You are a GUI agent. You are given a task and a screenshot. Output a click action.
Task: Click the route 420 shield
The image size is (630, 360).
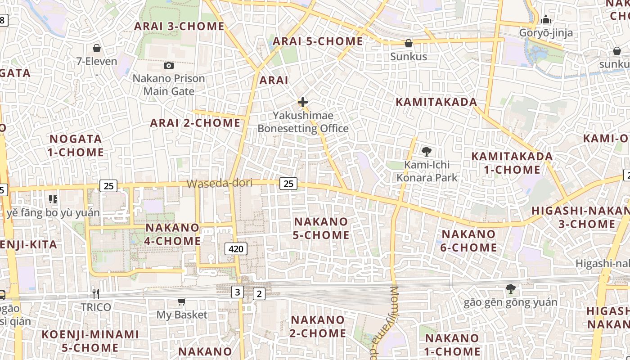[236, 248]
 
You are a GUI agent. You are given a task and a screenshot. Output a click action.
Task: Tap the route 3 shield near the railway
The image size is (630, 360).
[238, 292]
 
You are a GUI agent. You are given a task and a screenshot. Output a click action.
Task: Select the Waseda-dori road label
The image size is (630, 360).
[219, 183]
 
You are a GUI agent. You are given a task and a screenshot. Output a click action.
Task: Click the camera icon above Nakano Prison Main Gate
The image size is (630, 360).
[169, 66]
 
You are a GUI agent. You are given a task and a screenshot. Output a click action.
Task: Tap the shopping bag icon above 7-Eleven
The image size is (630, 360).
[96, 48]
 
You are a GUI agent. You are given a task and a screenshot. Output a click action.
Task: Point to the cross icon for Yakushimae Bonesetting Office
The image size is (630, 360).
[303, 103]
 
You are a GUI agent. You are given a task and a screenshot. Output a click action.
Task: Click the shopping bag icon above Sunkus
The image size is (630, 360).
[409, 43]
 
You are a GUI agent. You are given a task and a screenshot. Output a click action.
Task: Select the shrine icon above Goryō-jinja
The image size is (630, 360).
[546, 20]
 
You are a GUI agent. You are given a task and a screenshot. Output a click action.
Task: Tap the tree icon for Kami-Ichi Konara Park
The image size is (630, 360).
[426, 152]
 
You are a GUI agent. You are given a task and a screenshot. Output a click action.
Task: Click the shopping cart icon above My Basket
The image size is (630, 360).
[181, 301]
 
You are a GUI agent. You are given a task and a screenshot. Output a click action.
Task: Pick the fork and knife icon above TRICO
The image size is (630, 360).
[95, 294]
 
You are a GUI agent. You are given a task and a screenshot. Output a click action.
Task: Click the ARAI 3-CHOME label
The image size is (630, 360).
[179, 26]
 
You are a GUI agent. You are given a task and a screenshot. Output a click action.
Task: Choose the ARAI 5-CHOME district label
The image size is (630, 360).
[318, 41]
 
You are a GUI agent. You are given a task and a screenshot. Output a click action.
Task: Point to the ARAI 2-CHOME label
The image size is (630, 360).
[195, 123]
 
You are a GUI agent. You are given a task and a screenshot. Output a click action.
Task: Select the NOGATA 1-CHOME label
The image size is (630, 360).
[76, 145]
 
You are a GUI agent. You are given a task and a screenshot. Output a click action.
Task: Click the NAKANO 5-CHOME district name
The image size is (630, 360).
[321, 228]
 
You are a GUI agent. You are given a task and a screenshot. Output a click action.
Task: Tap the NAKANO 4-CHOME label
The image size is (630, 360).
[173, 234]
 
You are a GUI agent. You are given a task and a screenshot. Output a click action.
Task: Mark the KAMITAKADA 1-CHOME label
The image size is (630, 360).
[512, 163]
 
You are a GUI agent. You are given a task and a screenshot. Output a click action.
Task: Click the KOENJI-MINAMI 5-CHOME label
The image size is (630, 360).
[90, 341]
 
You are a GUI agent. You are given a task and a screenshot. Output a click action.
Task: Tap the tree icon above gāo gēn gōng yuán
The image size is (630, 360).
[510, 288]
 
